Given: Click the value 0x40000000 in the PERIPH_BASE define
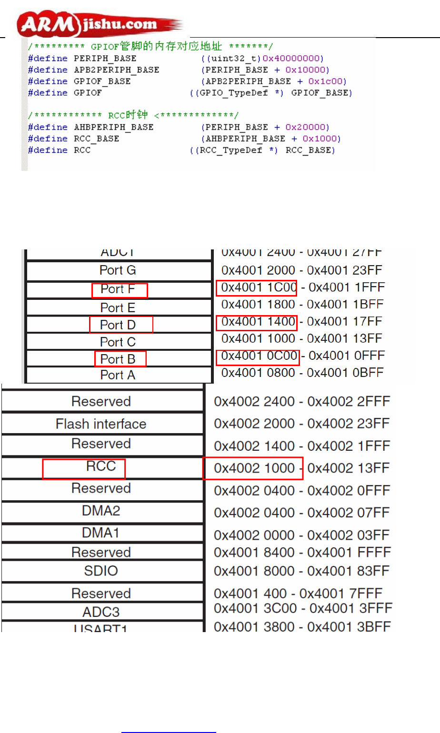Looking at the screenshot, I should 292,59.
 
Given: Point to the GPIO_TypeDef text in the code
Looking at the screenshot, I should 234,93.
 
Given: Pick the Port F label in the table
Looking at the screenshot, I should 118,289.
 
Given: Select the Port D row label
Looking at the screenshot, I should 118,325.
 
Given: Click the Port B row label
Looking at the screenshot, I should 118,359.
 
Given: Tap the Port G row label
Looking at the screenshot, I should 118,270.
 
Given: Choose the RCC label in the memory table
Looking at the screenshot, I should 101,466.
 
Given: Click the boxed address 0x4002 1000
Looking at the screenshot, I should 254,468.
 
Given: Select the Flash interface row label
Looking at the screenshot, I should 101,424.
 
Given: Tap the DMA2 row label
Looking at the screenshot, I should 101,511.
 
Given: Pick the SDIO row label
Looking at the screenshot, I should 101,571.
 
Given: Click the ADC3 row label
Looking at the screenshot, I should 101,612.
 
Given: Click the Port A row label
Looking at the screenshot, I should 118,375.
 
